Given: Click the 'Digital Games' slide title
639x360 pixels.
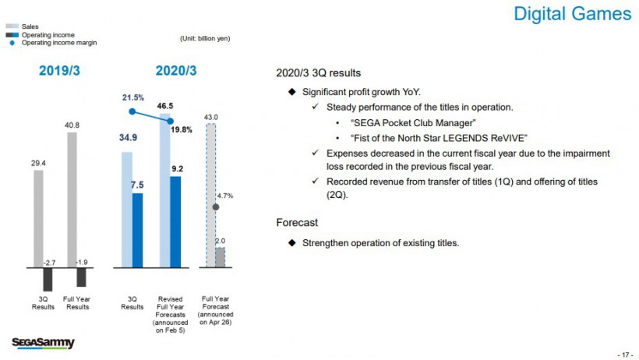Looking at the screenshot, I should click(573, 14).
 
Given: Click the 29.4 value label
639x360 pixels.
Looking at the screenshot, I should click(38, 164).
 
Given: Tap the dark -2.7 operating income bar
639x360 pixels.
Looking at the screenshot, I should click(48, 279).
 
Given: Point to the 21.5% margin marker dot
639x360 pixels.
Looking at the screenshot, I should click(132, 111).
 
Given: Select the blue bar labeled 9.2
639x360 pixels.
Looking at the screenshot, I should click(175, 221).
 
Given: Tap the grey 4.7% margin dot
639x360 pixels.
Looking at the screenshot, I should click(216, 206).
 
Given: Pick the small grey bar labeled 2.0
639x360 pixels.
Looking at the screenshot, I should click(220, 257).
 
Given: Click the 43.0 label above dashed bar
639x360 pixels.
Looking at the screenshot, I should click(210, 118).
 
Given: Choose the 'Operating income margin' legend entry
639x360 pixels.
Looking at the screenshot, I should click(51, 43).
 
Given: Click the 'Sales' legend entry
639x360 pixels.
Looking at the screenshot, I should click(30, 27).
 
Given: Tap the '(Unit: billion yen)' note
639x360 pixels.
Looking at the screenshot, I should click(204, 38).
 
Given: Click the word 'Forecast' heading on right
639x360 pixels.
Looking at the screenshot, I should click(298, 223).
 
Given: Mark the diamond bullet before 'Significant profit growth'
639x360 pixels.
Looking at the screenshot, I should click(292, 92).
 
